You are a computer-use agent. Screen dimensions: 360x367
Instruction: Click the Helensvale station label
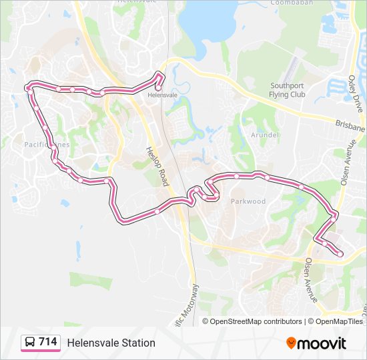162,95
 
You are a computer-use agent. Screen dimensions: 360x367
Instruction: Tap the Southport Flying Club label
288,90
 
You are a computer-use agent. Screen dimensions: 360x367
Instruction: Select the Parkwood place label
248,201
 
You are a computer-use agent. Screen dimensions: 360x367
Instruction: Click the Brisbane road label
350,127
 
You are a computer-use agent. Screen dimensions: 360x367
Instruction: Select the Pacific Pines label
46,145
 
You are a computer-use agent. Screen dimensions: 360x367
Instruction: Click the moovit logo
316,343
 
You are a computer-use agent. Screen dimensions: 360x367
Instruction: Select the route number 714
47,342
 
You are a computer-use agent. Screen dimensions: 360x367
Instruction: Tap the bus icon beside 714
30,343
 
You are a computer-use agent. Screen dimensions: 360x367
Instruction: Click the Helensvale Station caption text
111,343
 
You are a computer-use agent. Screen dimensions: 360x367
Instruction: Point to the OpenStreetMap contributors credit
252,321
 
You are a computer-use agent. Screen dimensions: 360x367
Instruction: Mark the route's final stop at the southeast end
340,253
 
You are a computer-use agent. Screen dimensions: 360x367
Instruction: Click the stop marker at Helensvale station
158,87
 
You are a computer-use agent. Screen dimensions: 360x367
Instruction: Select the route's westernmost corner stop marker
28,87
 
